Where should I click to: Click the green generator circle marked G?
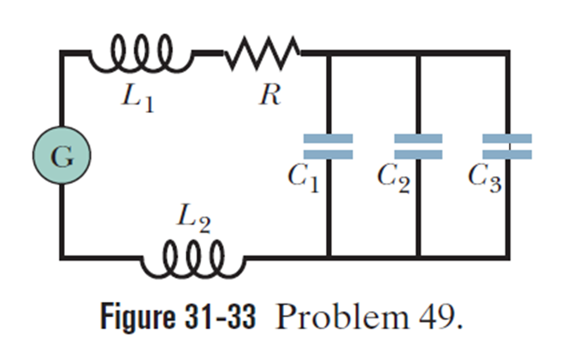[61, 157]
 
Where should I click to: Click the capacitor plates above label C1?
[328, 145]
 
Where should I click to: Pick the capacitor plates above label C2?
[418, 145]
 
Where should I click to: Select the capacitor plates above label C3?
[507, 145]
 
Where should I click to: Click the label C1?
[304, 179]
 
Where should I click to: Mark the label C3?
[484, 179]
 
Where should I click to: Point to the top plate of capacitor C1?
[328, 138]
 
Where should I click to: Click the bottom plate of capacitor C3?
[507, 154]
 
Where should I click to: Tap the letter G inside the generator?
[61, 157]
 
